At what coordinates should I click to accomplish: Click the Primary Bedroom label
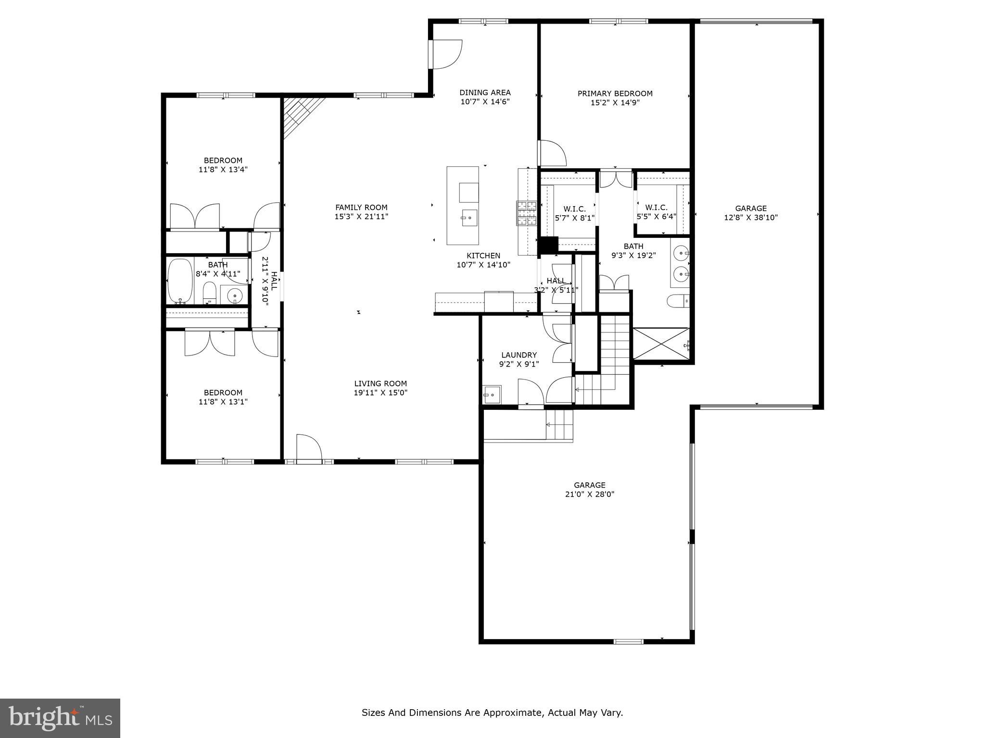pos(615,93)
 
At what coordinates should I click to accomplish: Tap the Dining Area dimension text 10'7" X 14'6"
pos(485,102)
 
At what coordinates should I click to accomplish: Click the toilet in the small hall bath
pos(209,293)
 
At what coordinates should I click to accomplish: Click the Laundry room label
pos(518,355)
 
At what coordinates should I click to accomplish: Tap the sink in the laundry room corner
pos(492,394)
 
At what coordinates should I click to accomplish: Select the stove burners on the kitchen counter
pos(527,213)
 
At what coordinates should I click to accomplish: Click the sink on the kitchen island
pos(468,218)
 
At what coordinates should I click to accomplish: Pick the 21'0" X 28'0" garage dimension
pos(590,494)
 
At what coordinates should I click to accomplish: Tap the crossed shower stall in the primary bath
pos(661,344)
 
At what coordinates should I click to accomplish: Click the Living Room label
pos(380,383)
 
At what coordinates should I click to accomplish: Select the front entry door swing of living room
pos(308,449)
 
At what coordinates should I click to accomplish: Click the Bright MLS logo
pos(60,718)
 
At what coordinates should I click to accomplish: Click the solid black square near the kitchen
pos(548,245)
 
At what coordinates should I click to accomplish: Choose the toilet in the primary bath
pos(678,301)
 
